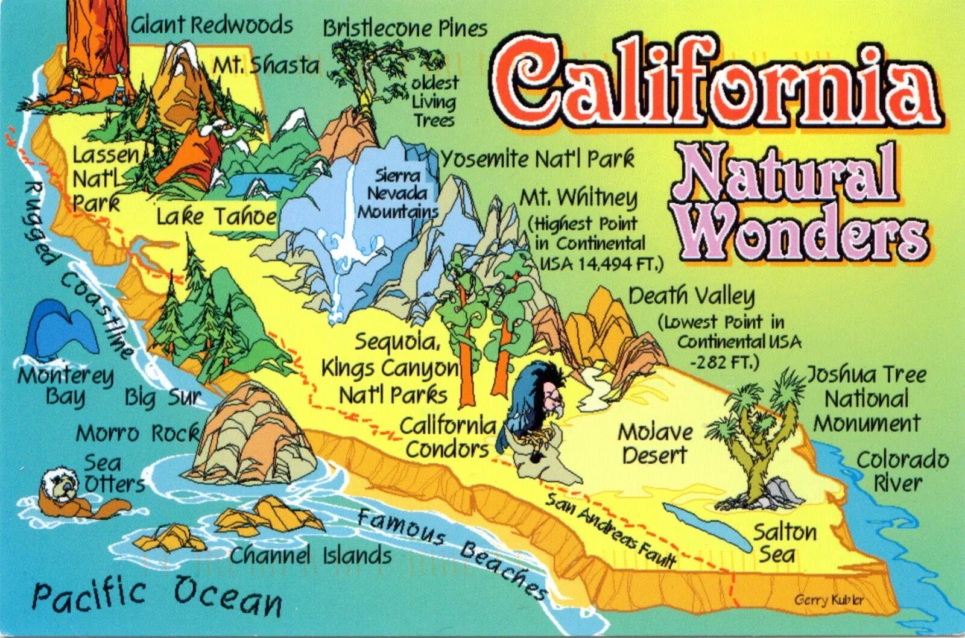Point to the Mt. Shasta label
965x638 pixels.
coord(266,65)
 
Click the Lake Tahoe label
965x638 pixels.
coord(216,216)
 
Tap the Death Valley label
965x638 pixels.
coord(691,296)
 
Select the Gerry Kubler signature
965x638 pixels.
coord(829,599)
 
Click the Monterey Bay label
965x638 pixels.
coord(65,386)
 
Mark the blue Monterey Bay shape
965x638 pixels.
coord(60,329)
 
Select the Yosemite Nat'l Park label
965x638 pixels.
coord(537,160)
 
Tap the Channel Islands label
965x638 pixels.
coord(311,555)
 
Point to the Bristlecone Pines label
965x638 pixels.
coord(405,28)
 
